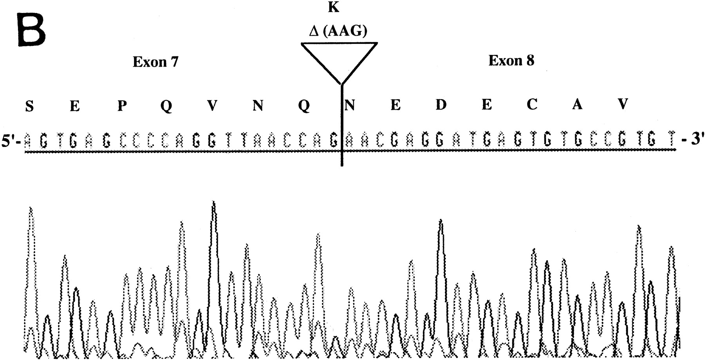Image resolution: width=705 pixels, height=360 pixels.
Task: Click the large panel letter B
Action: click(31, 30)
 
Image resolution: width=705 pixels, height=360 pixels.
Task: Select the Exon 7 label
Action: click(155, 62)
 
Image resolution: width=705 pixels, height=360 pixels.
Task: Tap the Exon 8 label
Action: click(511, 61)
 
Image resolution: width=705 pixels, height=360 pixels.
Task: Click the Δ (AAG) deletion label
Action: click(338, 31)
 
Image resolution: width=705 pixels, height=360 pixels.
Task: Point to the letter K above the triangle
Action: click(333, 7)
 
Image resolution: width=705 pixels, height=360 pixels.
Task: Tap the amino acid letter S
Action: click(29, 106)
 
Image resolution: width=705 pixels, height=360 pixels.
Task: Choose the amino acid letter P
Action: click(122, 106)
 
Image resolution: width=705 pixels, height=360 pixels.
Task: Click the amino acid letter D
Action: click(441, 105)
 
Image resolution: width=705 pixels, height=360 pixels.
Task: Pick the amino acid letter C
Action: click(532, 105)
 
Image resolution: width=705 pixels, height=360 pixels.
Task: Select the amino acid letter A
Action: click(577, 105)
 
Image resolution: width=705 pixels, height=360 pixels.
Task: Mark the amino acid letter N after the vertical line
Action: click(349, 105)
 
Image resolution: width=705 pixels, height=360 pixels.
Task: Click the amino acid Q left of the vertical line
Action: click(304, 106)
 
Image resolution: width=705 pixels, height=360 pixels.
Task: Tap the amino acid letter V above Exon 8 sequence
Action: click(622, 104)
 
